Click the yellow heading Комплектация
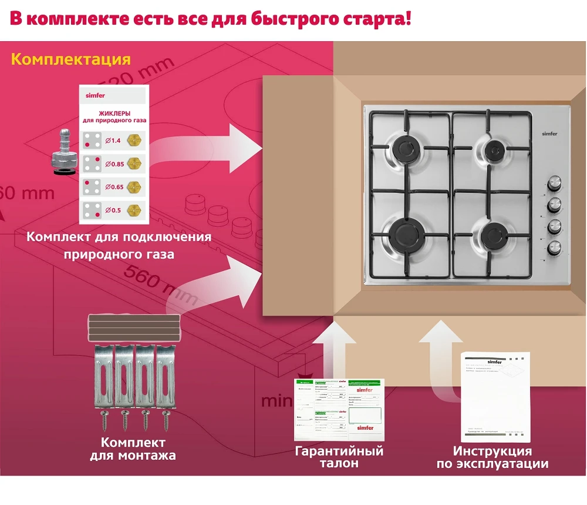(70, 59)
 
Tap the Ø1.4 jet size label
(113, 140)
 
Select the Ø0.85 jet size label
(114, 164)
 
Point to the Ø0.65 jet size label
(114, 187)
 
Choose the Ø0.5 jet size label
(113, 209)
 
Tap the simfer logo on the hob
(549, 134)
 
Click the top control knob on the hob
(554, 183)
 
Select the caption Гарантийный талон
(339, 457)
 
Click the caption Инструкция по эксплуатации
(492, 457)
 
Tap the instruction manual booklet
(496, 397)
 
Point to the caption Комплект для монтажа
(133, 449)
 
